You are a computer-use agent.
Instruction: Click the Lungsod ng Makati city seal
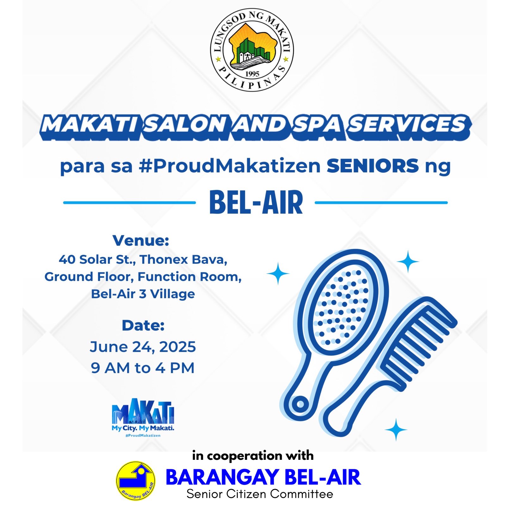(x=252, y=50)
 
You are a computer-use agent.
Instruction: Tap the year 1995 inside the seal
(x=252, y=73)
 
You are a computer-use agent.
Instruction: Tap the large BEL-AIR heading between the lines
(x=256, y=202)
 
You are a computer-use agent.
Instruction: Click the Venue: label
(x=141, y=240)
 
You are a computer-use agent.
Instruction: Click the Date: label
(x=143, y=325)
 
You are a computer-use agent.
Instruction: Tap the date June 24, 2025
(x=143, y=347)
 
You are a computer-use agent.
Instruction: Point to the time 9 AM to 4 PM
(x=143, y=368)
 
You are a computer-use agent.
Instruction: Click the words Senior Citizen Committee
(x=260, y=494)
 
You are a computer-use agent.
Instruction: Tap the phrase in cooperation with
(x=253, y=456)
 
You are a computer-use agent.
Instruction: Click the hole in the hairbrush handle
(x=300, y=404)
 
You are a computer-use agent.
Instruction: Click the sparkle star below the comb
(x=396, y=429)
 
